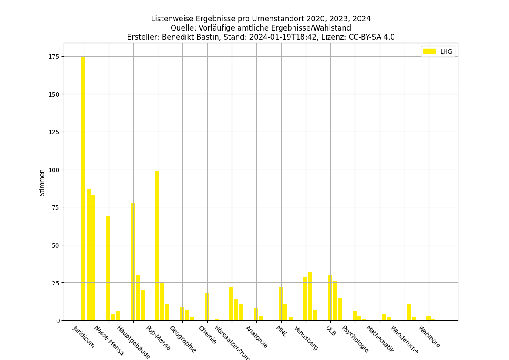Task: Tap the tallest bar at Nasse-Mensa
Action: coord(108,268)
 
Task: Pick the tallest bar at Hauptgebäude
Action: coord(133,262)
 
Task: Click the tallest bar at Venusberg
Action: coord(310,296)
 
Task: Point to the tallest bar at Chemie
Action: coord(206,307)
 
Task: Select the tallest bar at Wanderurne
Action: coord(408,312)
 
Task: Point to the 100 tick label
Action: coord(54,170)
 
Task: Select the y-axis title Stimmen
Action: coord(42,182)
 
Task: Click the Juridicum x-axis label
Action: coord(84,337)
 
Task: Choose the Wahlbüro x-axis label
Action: coord(429,337)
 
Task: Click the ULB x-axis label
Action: coord(331,331)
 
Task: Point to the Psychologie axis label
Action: coord(355,339)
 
